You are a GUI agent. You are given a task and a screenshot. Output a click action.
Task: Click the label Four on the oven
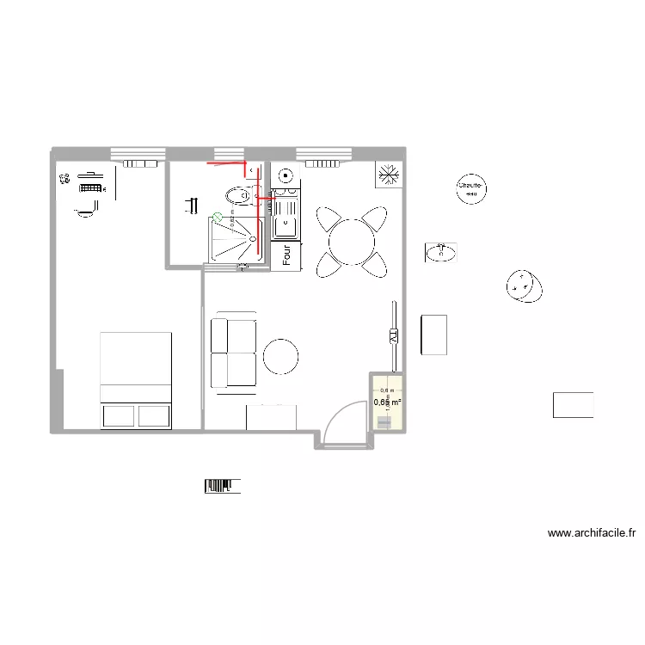287,255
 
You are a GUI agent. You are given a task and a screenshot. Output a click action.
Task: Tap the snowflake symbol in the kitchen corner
389,175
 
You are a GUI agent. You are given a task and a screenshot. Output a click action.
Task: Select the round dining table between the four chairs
350,242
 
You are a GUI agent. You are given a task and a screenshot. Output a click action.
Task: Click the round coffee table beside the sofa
280,356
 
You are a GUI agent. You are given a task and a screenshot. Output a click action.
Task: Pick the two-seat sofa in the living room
233,353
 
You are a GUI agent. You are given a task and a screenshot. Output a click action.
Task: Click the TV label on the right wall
394,335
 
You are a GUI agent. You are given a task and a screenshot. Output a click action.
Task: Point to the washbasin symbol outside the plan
440,252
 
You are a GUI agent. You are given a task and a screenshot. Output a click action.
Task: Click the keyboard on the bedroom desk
90,187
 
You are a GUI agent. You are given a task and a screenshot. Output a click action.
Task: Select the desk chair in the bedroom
85,210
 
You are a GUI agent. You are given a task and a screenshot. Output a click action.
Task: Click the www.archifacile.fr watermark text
591,533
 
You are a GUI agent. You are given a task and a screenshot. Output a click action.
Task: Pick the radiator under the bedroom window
138,162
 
